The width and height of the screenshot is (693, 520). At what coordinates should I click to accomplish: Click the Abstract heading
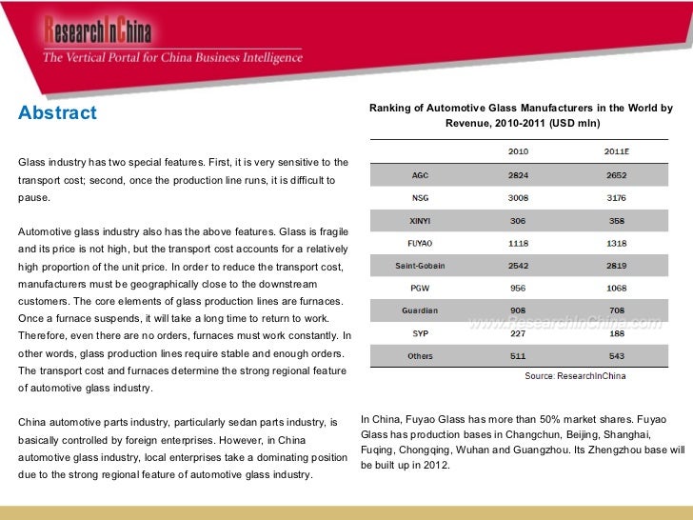tap(57, 113)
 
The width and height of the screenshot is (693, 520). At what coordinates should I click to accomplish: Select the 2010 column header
tap(519, 151)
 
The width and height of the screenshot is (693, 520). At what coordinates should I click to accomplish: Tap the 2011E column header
tap(616, 151)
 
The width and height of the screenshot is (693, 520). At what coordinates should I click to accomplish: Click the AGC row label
tap(420, 175)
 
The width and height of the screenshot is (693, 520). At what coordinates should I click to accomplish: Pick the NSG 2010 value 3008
tap(519, 198)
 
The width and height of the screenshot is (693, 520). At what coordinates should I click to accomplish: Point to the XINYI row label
tap(420, 220)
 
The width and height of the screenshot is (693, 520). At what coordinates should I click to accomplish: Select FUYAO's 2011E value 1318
tap(616, 243)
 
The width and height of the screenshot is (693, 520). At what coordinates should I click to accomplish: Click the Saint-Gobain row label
tap(420, 266)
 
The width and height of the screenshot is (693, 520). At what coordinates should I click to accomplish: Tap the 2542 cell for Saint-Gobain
tap(519, 266)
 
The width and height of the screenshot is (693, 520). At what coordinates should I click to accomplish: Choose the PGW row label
tap(420, 288)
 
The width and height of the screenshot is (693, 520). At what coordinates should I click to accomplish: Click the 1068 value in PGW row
tap(616, 288)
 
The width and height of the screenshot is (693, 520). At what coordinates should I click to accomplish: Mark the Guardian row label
tap(420, 310)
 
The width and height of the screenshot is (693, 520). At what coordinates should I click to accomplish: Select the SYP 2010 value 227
tap(519, 333)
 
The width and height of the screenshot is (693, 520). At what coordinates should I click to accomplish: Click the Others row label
tap(420, 356)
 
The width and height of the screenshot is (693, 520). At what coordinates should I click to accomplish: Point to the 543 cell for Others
tap(616, 356)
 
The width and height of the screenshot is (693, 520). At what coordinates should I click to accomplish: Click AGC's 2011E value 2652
tap(616, 175)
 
